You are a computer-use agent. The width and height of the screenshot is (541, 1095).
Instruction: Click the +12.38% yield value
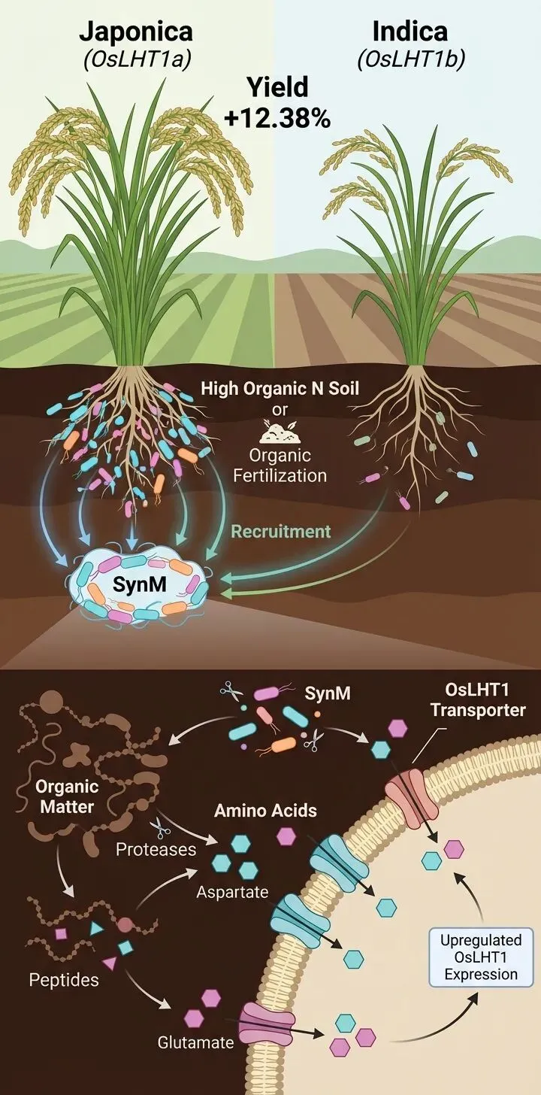tap(278, 118)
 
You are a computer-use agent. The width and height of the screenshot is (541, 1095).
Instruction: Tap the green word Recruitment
tap(280, 532)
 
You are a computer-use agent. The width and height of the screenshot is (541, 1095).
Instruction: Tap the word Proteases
tap(156, 849)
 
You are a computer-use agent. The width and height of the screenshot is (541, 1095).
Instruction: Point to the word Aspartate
tap(228, 892)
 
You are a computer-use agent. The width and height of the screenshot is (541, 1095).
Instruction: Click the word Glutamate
tap(195, 1043)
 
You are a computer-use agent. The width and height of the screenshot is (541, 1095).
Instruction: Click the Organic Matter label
tap(67, 797)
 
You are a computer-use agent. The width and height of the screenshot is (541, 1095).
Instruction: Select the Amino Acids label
tap(265, 811)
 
